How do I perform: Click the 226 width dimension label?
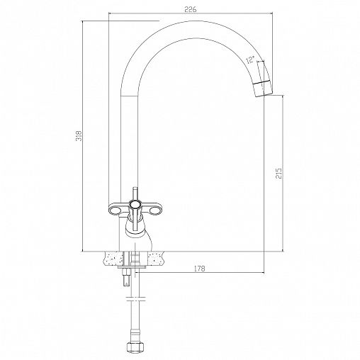[190, 9]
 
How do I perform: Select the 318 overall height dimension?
[79, 136]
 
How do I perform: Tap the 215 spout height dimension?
[279, 173]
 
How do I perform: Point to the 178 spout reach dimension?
[200, 269]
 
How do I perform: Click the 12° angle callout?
[249, 60]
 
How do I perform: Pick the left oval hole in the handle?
[115, 210]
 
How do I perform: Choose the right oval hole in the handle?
[154, 210]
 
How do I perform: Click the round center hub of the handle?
[135, 204]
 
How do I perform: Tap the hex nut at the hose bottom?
[135, 347]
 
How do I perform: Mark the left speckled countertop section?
[113, 258]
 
